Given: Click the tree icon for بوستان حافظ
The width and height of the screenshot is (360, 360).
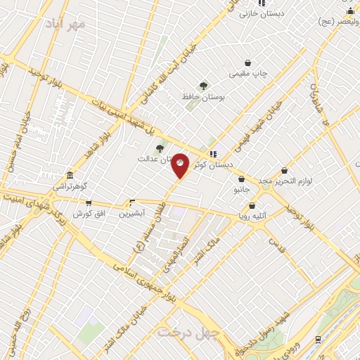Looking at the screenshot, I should pos(203,86).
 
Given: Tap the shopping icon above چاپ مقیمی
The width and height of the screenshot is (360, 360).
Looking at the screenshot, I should pos(247,62).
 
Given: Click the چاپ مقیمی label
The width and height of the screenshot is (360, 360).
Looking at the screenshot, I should pos(248,73).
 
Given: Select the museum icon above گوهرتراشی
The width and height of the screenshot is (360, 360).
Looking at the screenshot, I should pos(70,176).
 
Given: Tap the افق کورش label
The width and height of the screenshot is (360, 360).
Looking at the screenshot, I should pos(89,213).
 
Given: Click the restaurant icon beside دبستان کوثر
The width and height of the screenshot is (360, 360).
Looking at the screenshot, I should pos(214,155).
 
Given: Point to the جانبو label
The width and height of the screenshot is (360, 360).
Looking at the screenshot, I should pos(240,190).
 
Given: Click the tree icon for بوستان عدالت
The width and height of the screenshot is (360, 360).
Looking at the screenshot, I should pos(160,148).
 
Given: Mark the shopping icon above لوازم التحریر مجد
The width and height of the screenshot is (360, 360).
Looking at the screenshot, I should pos(284,169).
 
